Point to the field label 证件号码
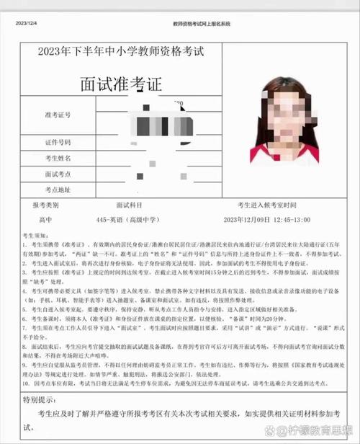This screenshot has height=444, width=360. [x=59, y=142]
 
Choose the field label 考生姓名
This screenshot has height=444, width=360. [x=59, y=158]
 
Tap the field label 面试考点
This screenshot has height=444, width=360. [x=59, y=174]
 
